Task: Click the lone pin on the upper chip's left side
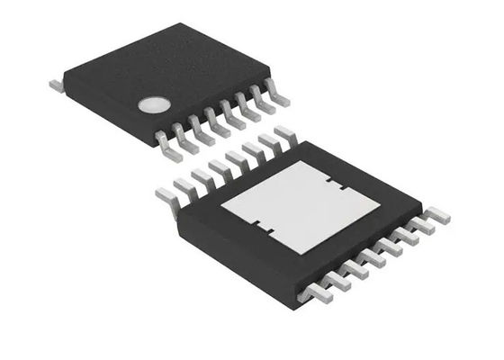click(55, 84)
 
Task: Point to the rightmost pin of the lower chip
click(438, 216)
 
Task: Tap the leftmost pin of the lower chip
click(166, 193)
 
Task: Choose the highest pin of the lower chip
click(284, 133)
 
